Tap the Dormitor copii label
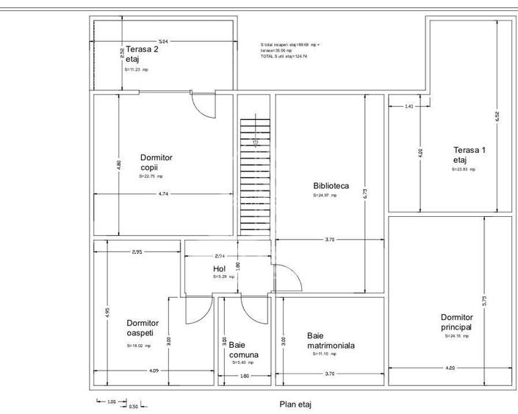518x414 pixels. coord(156,162)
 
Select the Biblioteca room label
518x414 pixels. coord(331,186)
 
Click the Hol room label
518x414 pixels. coord(220,269)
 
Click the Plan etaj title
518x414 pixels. coord(295,404)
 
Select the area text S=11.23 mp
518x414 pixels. coord(136,70)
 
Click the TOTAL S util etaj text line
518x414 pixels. coord(284,57)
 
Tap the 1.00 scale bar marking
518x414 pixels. coord(112,401)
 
